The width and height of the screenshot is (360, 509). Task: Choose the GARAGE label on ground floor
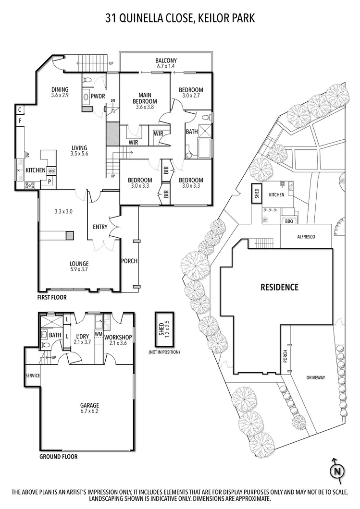click(89, 405)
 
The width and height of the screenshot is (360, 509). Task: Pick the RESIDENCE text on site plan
click(279, 288)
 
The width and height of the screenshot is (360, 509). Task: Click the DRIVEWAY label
click(315, 378)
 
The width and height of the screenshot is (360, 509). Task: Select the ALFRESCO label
click(306, 237)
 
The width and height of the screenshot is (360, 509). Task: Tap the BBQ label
click(289, 221)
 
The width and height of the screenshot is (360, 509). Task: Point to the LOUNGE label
click(79, 264)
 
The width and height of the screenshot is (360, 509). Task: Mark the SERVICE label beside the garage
click(32, 375)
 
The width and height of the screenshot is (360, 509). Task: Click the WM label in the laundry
click(99, 333)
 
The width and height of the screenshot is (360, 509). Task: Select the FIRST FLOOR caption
click(52, 298)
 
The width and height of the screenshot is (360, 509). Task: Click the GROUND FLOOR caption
click(58, 457)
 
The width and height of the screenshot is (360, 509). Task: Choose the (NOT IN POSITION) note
click(164, 352)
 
